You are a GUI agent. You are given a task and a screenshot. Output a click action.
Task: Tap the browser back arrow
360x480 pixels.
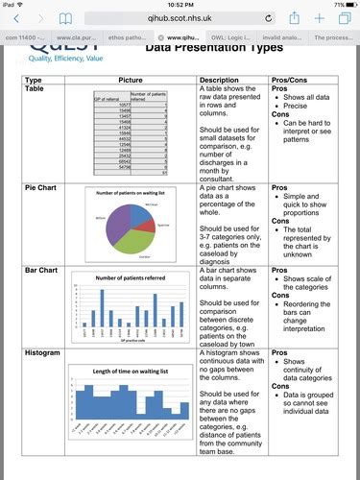12,18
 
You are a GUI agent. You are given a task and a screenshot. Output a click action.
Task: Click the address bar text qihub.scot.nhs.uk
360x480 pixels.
180,18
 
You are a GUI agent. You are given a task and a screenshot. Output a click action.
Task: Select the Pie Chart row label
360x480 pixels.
43,189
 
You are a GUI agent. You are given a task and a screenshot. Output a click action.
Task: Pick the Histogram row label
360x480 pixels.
45,354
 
